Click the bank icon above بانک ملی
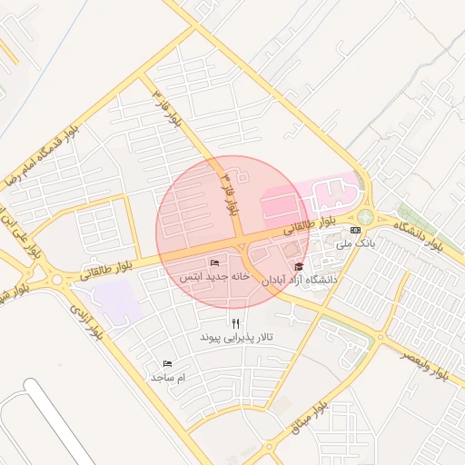tap(354, 230)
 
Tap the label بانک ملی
tap(354, 243)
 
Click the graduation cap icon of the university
tap(299, 266)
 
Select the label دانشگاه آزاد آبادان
tap(299, 281)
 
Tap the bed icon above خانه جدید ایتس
tap(214, 262)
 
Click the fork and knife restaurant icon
tap(236, 322)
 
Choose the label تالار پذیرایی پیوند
tap(236, 337)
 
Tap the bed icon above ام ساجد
tap(167, 363)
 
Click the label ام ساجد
tap(168, 377)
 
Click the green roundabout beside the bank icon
tap(365, 217)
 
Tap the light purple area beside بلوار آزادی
tap(118, 301)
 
